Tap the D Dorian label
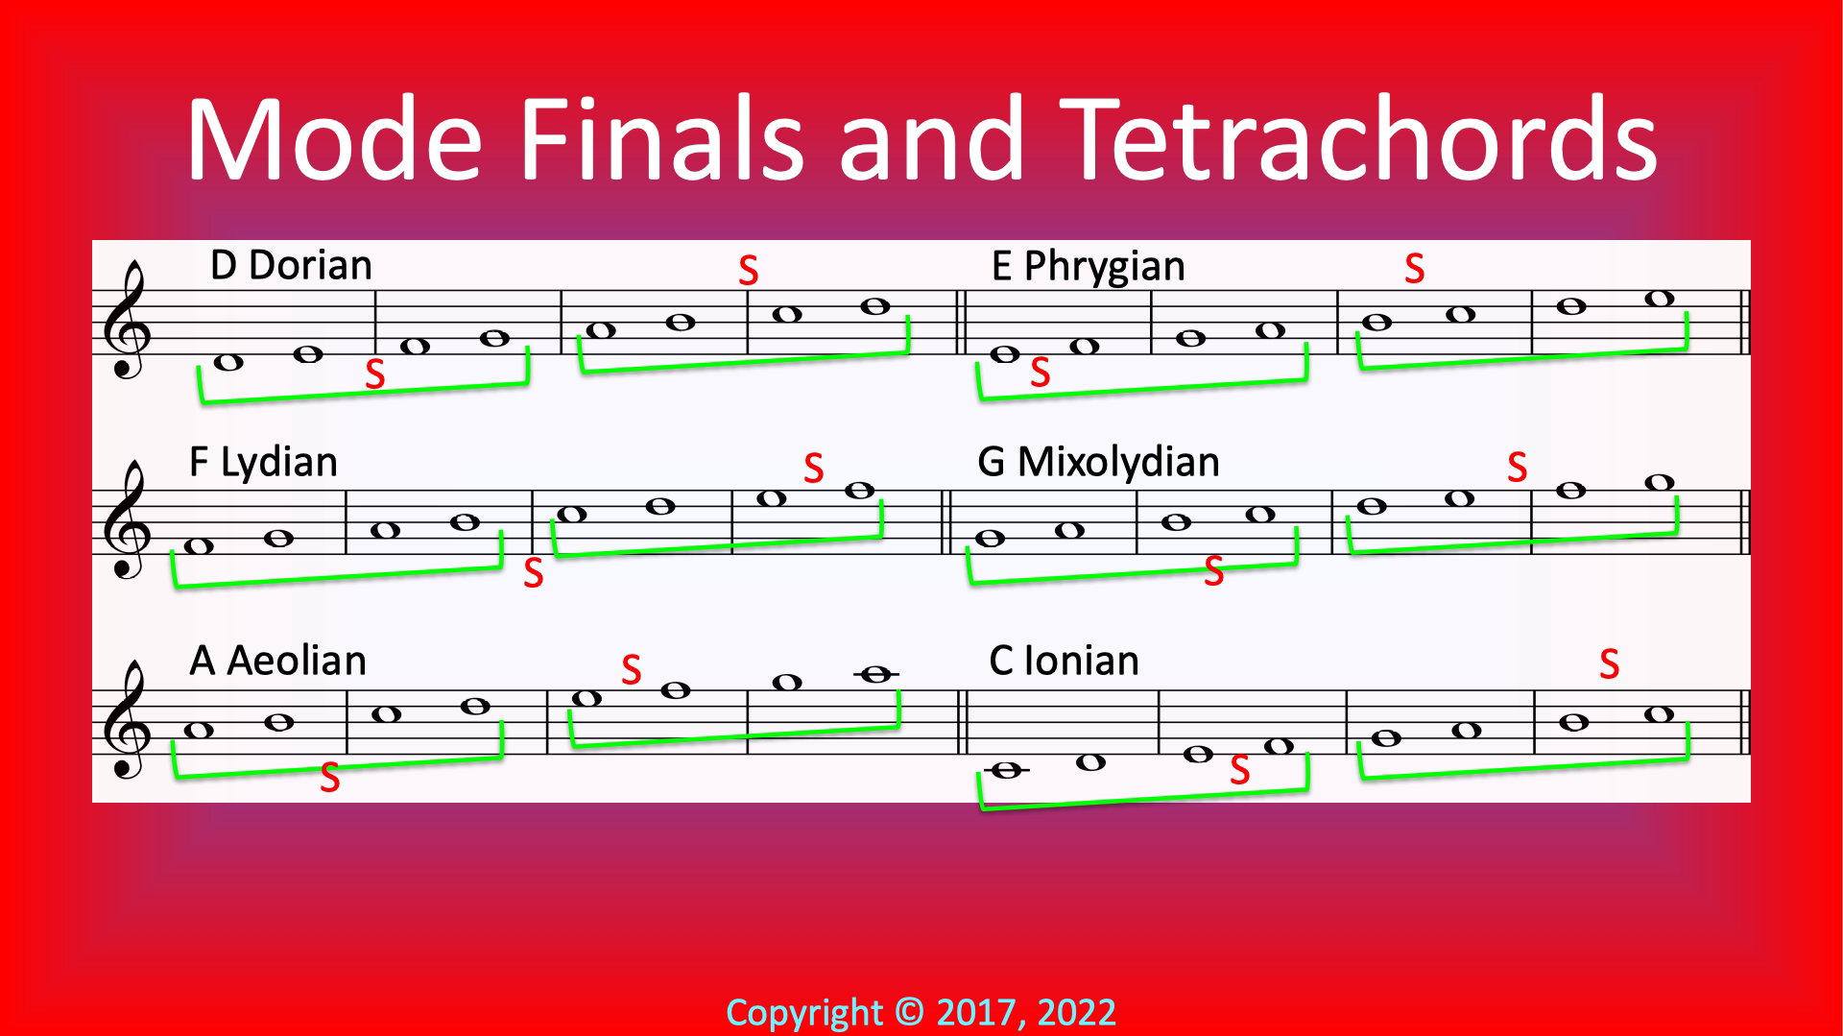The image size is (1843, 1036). click(291, 265)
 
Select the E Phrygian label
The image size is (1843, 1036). click(1088, 267)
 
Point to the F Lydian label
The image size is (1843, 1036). click(263, 463)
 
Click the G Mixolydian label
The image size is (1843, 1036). click(1098, 463)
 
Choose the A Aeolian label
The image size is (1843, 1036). click(277, 661)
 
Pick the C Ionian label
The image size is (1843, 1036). click(1064, 661)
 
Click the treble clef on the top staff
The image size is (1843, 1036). click(127, 321)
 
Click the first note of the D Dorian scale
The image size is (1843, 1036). click(228, 362)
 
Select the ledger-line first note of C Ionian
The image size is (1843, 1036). click(1007, 770)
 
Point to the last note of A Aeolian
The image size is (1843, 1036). click(875, 674)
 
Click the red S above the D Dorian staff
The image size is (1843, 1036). click(749, 271)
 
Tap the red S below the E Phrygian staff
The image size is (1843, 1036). click(1040, 373)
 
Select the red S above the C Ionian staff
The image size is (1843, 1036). click(1610, 664)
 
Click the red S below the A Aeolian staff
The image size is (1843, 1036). click(329, 778)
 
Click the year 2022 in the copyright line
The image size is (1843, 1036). click(1077, 1013)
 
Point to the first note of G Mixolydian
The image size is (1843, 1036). click(990, 539)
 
